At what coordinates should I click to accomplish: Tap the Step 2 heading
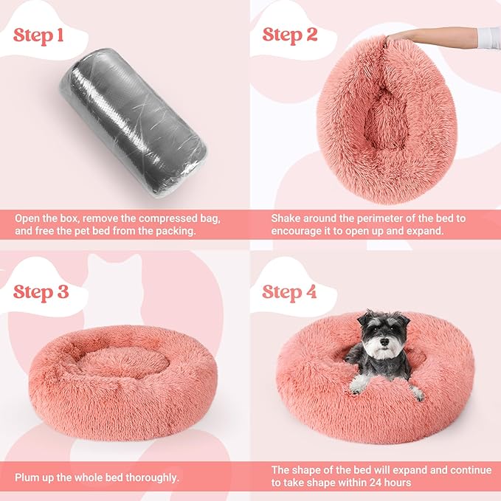(x=290, y=36)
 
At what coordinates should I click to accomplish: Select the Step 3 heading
(x=41, y=291)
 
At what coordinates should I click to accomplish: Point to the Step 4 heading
(x=290, y=291)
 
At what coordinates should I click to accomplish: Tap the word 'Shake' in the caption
(x=286, y=219)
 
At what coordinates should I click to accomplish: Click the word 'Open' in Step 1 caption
(x=30, y=219)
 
